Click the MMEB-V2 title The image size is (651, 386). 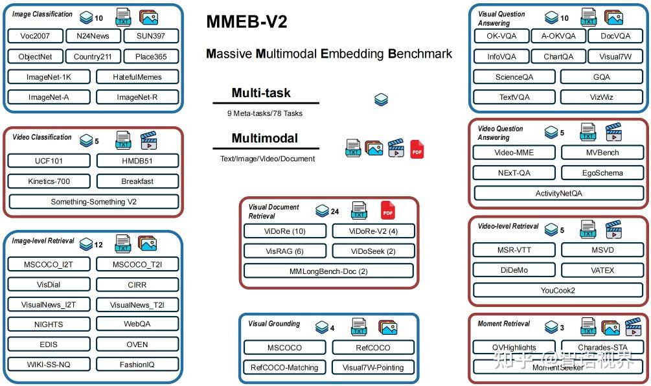[247, 22]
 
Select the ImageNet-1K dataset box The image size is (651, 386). [49, 77]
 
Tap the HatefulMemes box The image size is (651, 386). [137, 77]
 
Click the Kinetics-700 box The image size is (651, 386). [49, 181]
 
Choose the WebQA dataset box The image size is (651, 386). [137, 324]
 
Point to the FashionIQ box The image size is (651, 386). [137, 365]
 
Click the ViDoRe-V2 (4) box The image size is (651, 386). [374, 231]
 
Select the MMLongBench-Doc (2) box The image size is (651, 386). [328, 271]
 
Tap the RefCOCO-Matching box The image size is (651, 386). [284, 367]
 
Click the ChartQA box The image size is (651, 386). [558, 56]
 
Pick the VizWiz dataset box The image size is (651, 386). [602, 97]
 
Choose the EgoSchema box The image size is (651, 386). [602, 173]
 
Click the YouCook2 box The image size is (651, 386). [558, 290]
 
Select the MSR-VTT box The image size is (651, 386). [514, 250]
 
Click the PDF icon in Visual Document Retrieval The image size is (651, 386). [388, 210]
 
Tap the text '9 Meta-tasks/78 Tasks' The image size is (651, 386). [265, 113]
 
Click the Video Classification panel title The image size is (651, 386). [42, 137]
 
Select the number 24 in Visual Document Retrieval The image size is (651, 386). [335, 211]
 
